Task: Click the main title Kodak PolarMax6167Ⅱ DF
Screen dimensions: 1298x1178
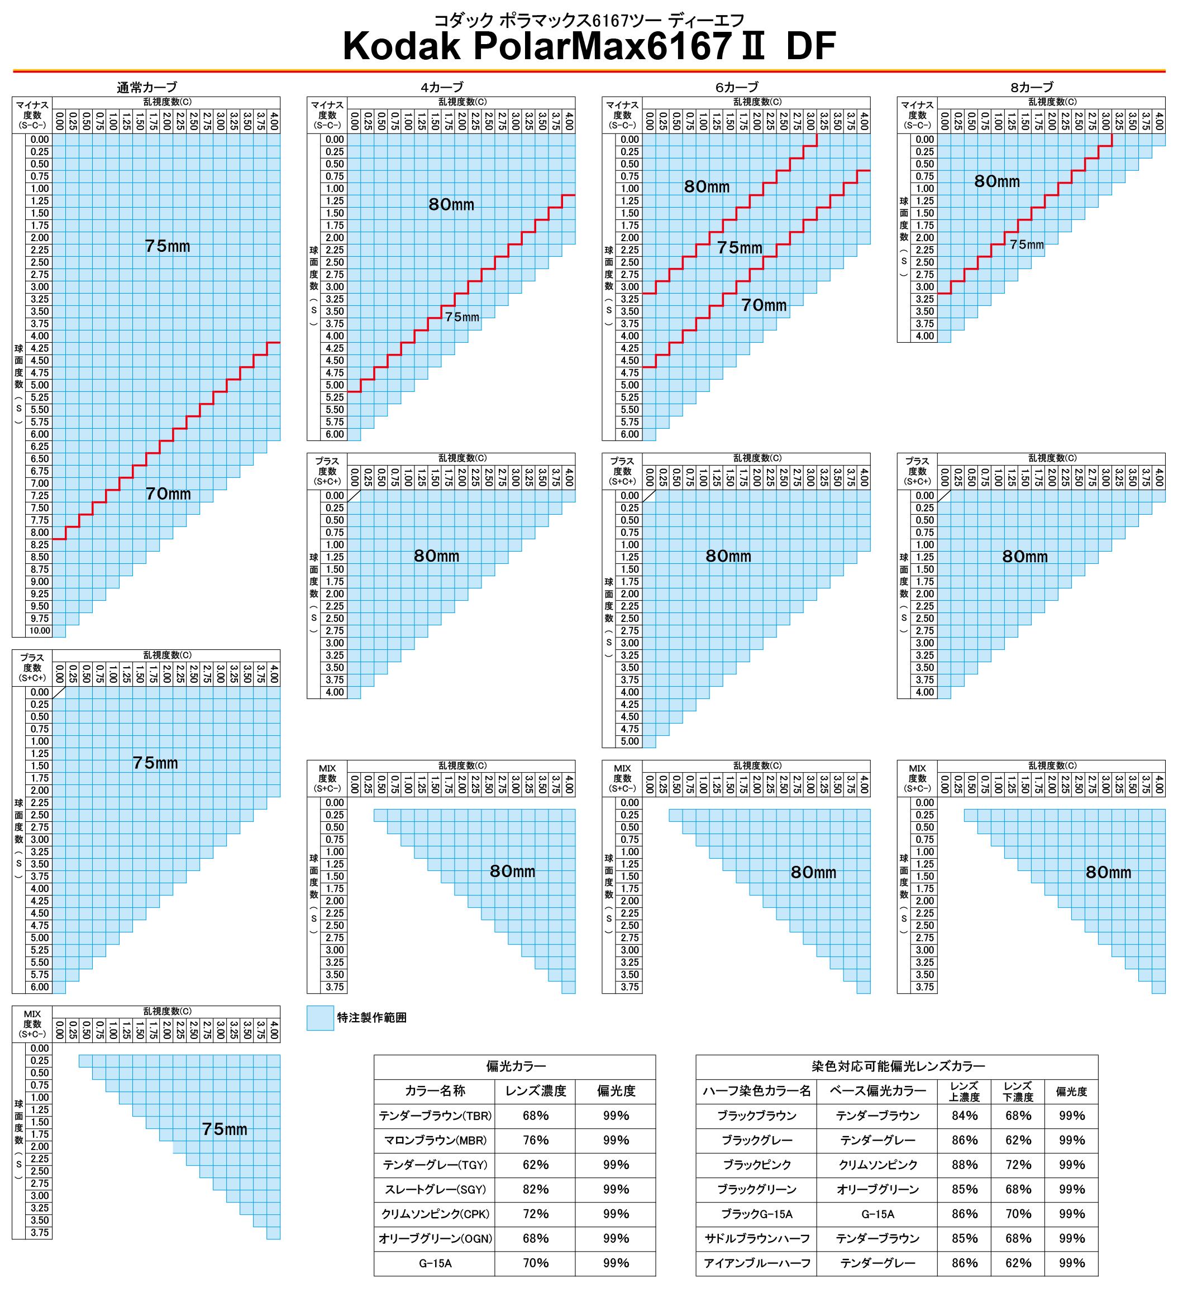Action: tap(589, 46)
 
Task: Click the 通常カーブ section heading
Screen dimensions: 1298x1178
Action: tap(146, 87)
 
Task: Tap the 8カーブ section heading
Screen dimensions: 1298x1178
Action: tap(1032, 87)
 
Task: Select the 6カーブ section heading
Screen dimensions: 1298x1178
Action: tap(736, 87)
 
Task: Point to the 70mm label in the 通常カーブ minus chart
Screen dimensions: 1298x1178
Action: tap(168, 494)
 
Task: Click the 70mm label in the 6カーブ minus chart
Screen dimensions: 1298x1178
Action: tap(764, 305)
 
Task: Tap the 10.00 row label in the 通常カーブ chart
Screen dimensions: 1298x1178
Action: tap(39, 631)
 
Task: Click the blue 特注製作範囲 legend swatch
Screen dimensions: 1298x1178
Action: tap(320, 1018)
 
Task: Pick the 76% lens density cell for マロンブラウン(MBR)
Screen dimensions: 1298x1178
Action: tap(535, 1140)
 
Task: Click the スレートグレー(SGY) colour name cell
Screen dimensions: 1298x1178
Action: tap(435, 1189)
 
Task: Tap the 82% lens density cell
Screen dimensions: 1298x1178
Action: tap(535, 1189)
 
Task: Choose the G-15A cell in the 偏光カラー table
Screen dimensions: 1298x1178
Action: tap(435, 1263)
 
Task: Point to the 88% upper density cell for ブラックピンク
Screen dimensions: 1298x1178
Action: tap(964, 1165)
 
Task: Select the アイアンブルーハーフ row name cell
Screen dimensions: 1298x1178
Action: tap(757, 1263)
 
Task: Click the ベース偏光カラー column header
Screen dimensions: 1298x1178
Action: tap(877, 1091)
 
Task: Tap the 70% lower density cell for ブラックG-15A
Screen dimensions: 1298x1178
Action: tap(1018, 1214)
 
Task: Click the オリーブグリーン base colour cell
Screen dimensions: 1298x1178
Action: tap(877, 1189)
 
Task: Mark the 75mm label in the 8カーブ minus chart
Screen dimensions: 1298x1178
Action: tap(1027, 245)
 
